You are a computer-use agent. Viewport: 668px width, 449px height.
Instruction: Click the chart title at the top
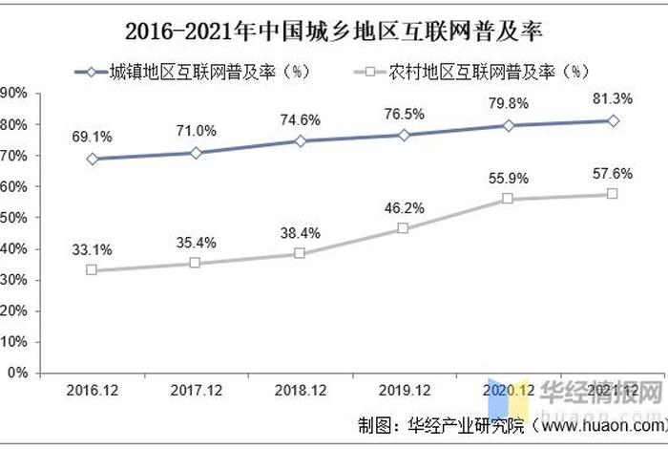[333, 32]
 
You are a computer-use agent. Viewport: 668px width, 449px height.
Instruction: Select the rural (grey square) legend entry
[476, 71]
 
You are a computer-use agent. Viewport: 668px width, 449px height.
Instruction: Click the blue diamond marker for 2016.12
[92, 159]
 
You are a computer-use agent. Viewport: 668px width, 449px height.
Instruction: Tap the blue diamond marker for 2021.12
[613, 120]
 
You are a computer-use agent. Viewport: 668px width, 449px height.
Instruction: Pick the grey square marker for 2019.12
[404, 228]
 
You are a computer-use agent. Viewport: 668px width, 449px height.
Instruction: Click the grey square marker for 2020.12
[508, 199]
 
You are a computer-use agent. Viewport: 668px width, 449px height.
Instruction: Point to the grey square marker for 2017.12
[195, 263]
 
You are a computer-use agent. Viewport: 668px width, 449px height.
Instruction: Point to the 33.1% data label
[92, 250]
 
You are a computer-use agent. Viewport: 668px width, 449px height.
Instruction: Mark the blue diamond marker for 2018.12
[300, 140]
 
